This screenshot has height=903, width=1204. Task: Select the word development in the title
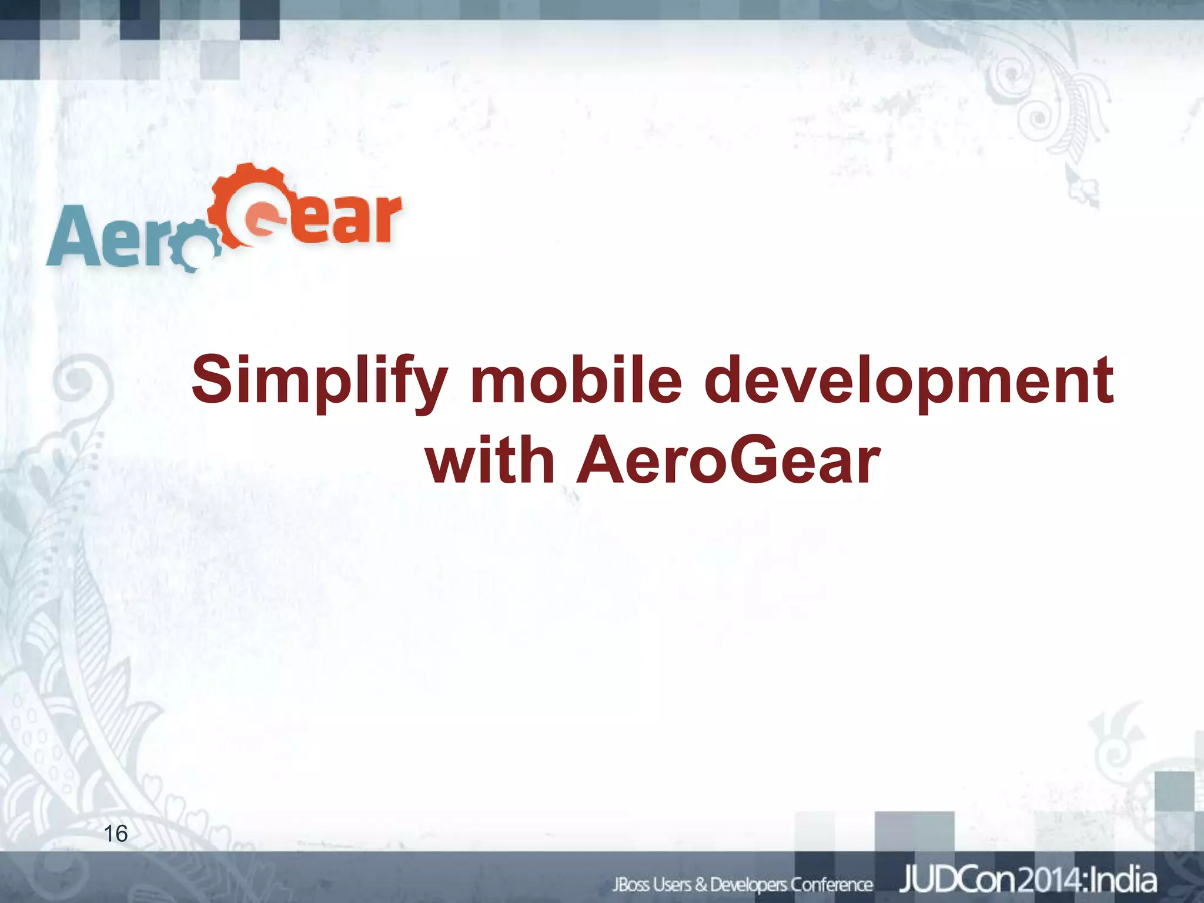(908, 381)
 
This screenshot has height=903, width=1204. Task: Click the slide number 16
(115, 833)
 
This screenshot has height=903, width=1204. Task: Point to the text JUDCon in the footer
(955, 881)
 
